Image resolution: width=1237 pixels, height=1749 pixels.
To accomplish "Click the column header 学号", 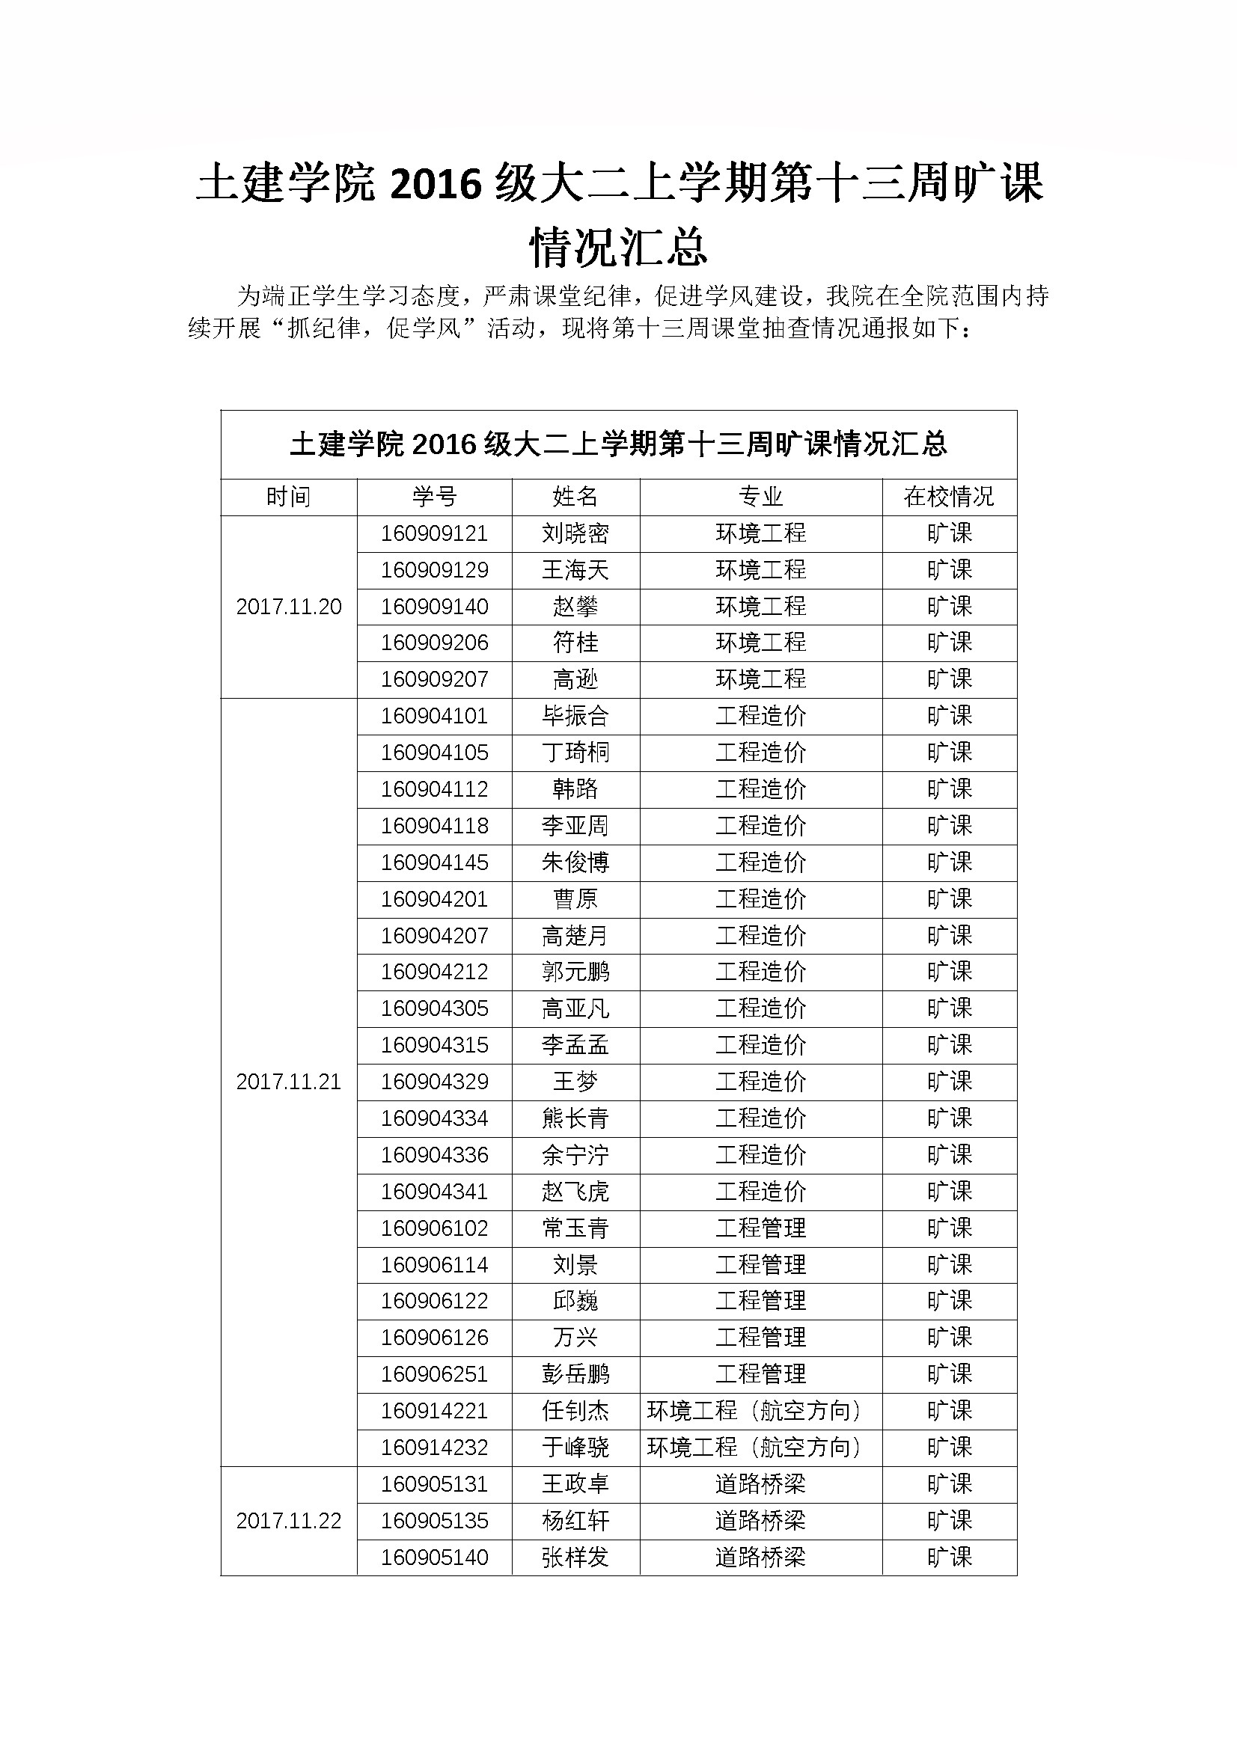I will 435,497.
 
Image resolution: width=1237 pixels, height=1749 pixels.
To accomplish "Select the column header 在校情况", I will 949,497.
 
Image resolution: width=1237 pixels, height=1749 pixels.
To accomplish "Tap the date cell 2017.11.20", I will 289,607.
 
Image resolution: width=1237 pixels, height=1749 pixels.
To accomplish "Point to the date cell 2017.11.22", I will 289,1521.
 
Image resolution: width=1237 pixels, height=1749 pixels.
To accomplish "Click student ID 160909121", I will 435,533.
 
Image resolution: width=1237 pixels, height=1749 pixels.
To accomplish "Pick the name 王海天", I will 575,570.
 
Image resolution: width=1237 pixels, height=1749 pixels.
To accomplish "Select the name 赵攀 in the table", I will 575,607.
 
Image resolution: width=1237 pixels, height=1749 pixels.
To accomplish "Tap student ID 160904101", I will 435,716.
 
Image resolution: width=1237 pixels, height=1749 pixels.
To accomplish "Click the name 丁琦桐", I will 575,753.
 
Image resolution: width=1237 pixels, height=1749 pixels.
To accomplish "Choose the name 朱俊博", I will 575,863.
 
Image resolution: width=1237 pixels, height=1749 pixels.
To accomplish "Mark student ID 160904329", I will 435,1082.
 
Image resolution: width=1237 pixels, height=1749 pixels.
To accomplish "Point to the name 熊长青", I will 575,1118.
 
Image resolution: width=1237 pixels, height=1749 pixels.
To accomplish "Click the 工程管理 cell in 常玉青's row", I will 760,1228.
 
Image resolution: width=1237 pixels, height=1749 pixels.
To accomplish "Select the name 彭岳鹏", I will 575,1374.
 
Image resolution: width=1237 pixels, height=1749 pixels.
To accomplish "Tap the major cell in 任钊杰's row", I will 760,1411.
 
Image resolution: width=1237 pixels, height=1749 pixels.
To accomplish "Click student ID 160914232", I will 435,1448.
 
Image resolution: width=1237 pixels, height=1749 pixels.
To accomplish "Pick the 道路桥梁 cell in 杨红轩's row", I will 760,1521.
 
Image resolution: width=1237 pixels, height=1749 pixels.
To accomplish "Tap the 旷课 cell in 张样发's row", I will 949,1557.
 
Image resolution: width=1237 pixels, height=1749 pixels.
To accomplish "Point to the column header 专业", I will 760,497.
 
